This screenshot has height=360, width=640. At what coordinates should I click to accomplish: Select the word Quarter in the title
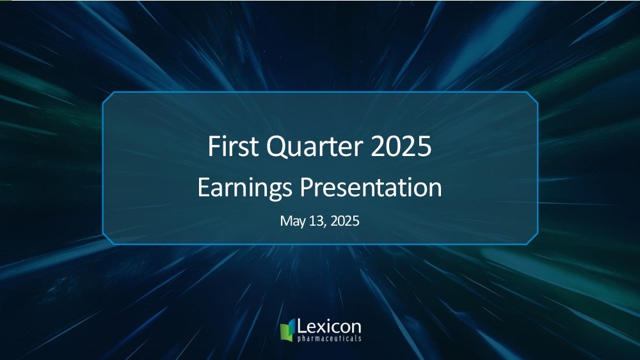[x=314, y=147]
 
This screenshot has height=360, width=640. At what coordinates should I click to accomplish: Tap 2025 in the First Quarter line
[x=401, y=146]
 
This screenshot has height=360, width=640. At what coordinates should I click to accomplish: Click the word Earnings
[x=244, y=189]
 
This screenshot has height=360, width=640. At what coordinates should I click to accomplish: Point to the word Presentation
[x=371, y=187]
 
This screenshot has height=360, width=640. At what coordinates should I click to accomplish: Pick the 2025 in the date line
[x=345, y=221]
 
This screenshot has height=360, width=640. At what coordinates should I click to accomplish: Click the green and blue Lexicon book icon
[x=287, y=330]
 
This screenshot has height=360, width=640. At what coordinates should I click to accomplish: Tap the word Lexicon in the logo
[x=329, y=327]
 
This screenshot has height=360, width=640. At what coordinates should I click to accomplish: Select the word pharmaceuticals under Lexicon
[x=330, y=339]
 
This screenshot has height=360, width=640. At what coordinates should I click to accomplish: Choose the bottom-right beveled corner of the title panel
[x=532, y=239]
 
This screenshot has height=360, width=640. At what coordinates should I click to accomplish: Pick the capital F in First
[x=214, y=146]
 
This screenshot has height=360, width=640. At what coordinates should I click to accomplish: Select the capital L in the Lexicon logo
[x=302, y=326]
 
